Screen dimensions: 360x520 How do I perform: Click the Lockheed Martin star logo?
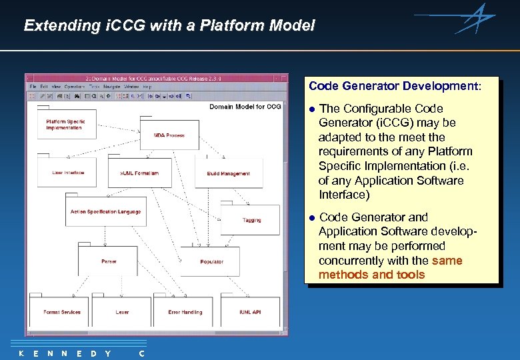(475, 18)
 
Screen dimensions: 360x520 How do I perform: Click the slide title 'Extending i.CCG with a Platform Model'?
(169, 26)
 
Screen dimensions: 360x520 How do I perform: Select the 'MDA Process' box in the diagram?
(169, 135)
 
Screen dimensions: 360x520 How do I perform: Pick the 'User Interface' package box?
(68, 173)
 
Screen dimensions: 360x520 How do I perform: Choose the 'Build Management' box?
(228, 173)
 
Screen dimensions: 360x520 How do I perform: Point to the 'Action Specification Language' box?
(105, 212)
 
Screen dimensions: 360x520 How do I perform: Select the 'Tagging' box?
(251, 220)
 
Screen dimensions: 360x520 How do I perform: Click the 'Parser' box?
(108, 261)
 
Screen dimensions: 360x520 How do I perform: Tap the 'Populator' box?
(211, 261)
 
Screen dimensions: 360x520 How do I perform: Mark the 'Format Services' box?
(62, 312)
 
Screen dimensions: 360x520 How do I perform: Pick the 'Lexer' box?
(122, 312)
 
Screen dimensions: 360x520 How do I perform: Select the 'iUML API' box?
(250, 312)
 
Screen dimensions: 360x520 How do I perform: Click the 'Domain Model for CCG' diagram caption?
(245, 107)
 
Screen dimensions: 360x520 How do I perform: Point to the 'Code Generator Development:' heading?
(394, 86)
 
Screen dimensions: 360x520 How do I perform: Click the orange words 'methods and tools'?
(371, 275)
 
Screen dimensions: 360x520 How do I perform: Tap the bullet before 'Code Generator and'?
(311, 218)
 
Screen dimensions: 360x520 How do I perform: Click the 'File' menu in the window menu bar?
(33, 87)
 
